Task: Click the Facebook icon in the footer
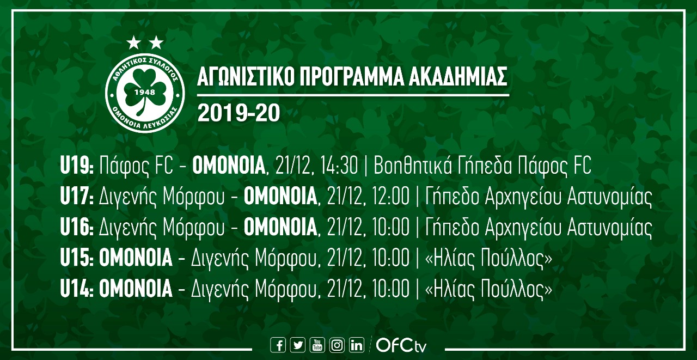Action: point(278,345)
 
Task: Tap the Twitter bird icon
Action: point(298,345)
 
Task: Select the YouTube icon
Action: point(317,345)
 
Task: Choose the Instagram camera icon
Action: point(337,345)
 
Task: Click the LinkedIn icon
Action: point(357,345)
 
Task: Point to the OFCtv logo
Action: point(401,345)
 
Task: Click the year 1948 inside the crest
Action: point(145,92)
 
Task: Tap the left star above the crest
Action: point(134,42)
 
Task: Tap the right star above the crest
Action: point(156,42)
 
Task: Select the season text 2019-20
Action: point(239,113)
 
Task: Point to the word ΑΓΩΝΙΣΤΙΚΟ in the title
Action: point(246,76)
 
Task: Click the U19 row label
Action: point(77,166)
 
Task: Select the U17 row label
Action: point(77,197)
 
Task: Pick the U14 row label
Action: point(77,289)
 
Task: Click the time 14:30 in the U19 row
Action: point(341,166)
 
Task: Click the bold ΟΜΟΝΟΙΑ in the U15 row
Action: point(136,258)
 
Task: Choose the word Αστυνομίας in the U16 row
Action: point(609,228)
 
